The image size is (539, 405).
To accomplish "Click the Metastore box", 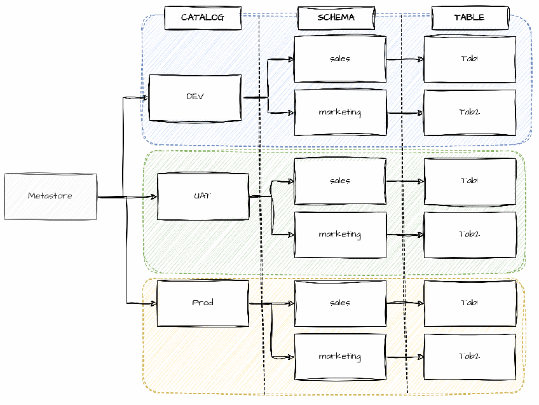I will (50, 196).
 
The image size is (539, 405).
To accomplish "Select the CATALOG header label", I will (203, 18).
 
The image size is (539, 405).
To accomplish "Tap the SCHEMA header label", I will (336, 18).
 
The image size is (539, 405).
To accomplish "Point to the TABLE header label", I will (470, 18).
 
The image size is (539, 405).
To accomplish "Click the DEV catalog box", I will (195, 97).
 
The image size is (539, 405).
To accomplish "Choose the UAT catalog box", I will (203, 196).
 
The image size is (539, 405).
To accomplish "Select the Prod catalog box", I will (203, 303).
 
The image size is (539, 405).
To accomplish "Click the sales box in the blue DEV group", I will (340, 59).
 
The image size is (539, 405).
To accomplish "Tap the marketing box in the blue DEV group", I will (340, 113).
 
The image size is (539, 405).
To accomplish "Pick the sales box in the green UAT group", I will (340, 181).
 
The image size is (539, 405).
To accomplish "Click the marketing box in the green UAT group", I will (340, 235).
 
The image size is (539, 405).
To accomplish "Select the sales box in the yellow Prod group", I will (340, 303).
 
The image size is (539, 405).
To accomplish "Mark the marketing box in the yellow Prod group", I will (340, 357).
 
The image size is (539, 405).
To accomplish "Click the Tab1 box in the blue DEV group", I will (470, 59).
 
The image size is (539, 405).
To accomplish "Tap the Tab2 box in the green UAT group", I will (470, 235).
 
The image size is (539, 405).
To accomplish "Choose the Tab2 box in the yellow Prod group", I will (470, 357).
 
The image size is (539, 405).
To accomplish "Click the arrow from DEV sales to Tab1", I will (405, 59).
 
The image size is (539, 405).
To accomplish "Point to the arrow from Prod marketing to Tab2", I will (405, 357).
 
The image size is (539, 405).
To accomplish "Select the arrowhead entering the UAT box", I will (153, 197).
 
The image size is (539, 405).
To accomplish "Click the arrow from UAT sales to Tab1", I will (405, 181).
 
